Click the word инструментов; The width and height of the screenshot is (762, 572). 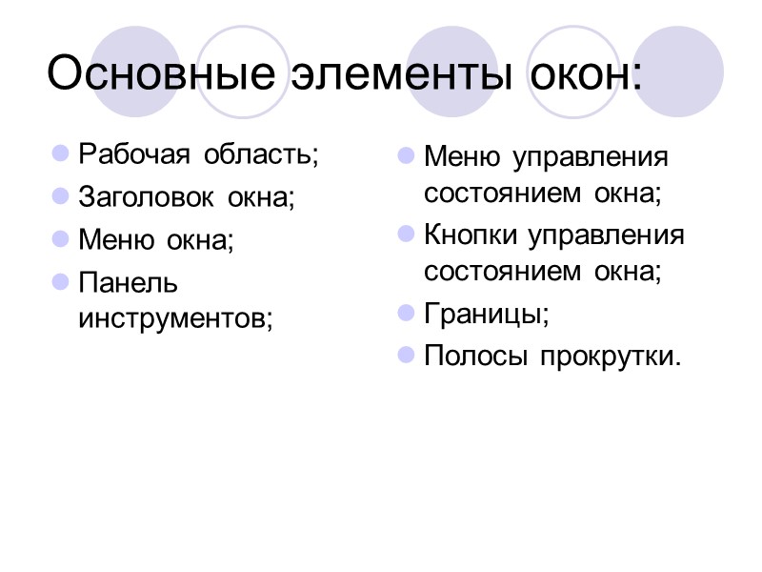pos(175,317)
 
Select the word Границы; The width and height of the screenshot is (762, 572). pos(486,313)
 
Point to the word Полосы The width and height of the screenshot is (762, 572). pos(475,356)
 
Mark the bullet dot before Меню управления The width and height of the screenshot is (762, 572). pos(406,154)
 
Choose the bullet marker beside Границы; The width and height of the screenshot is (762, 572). pos(406,313)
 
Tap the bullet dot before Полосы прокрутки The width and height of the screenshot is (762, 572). pos(406,356)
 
